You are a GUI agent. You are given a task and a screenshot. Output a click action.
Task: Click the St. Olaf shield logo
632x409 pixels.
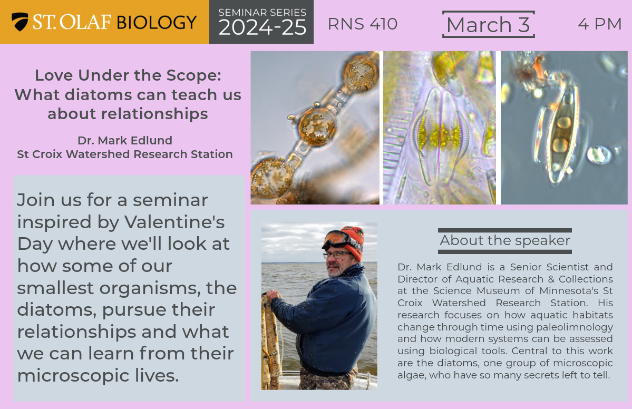tap(20, 22)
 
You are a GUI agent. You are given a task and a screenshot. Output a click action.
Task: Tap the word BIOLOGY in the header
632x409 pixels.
tap(157, 22)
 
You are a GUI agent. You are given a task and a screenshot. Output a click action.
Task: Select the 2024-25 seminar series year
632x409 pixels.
tap(262, 27)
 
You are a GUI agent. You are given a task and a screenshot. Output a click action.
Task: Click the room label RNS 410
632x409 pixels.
tap(362, 24)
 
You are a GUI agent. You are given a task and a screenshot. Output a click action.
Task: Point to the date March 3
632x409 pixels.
tap(488, 25)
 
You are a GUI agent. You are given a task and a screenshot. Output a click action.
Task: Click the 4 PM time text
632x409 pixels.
tap(600, 24)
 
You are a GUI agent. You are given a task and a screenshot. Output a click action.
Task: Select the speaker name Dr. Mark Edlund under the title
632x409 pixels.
tap(125, 140)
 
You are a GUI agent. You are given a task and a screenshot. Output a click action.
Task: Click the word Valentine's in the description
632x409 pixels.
tap(174, 222)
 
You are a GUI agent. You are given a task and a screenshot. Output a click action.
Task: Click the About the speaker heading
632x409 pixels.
tap(504, 240)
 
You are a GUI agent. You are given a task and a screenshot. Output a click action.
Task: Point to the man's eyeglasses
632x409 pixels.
tap(336, 255)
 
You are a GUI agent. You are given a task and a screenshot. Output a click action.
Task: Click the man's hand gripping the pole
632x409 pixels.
tap(274, 296)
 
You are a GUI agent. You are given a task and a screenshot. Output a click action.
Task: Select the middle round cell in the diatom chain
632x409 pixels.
tap(317, 127)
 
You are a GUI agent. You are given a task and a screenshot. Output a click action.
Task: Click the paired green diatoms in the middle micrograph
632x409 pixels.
tap(440, 137)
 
